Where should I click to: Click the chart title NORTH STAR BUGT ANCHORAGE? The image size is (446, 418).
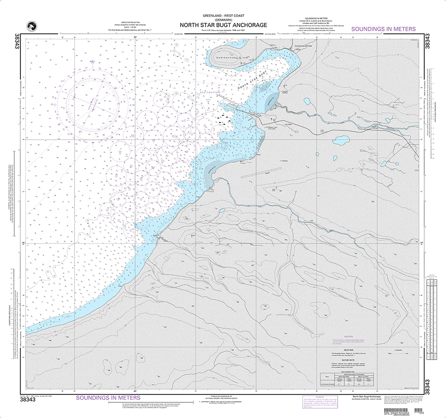click(x=223, y=25)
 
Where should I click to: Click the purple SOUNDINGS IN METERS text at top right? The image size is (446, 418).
click(x=384, y=29)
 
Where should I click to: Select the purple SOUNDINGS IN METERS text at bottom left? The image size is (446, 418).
click(x=108, y=397)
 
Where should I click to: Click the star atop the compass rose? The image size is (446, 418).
click(x=92, y=62)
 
